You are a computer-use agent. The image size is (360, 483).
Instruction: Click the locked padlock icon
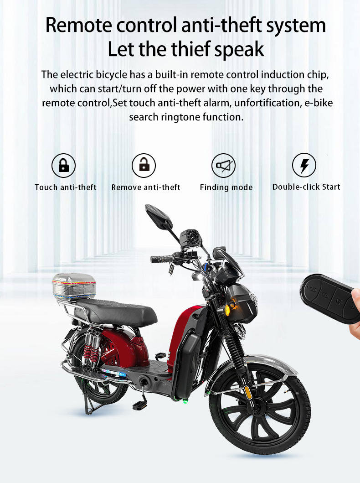[x=64, y=166]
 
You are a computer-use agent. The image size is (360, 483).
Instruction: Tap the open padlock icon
[x=144, y=166]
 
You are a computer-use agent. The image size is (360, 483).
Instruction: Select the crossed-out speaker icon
[x=224, y=166]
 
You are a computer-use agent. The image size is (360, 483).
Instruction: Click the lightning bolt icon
[x=304, y=165]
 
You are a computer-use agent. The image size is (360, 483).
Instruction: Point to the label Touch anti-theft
[x=66, y=187]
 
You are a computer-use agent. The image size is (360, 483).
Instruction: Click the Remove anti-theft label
[x=146, y=187]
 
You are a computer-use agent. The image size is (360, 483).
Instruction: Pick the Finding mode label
[x=226, y=187]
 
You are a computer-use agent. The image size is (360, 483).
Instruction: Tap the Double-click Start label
[x=306, y=187]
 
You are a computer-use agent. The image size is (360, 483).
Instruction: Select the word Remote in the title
[x=78, y=25]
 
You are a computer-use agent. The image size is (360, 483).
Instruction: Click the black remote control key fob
[x=329, y=298]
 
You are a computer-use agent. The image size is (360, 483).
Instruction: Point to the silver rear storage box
[x=74, y=287]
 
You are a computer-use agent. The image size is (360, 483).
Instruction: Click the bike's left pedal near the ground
[x=139, y=405]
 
